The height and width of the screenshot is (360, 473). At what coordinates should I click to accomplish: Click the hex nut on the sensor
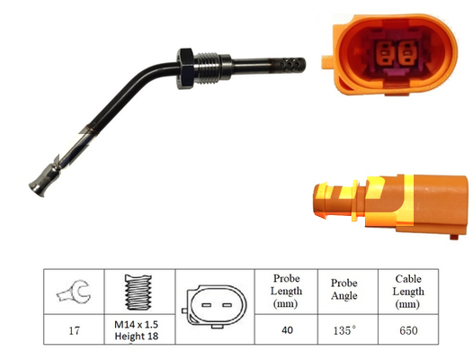pyautogui.click(x=185, y=68)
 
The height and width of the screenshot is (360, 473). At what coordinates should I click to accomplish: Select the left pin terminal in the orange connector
pyautogui.click(x=384, y=54)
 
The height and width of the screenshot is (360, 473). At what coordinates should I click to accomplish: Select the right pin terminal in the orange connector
pyautogui.click(x=407, y=54)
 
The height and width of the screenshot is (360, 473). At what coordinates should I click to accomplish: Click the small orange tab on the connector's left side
pyautogui.click(x=327, y=62)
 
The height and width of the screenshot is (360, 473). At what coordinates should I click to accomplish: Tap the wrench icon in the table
pyautogui.click(x=74, y=292)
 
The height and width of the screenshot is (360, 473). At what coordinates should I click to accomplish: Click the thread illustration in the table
pyautogui.click(x=138, y=292)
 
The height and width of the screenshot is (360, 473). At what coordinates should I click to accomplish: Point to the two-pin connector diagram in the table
pyautogui.click(x=215, y=306)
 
